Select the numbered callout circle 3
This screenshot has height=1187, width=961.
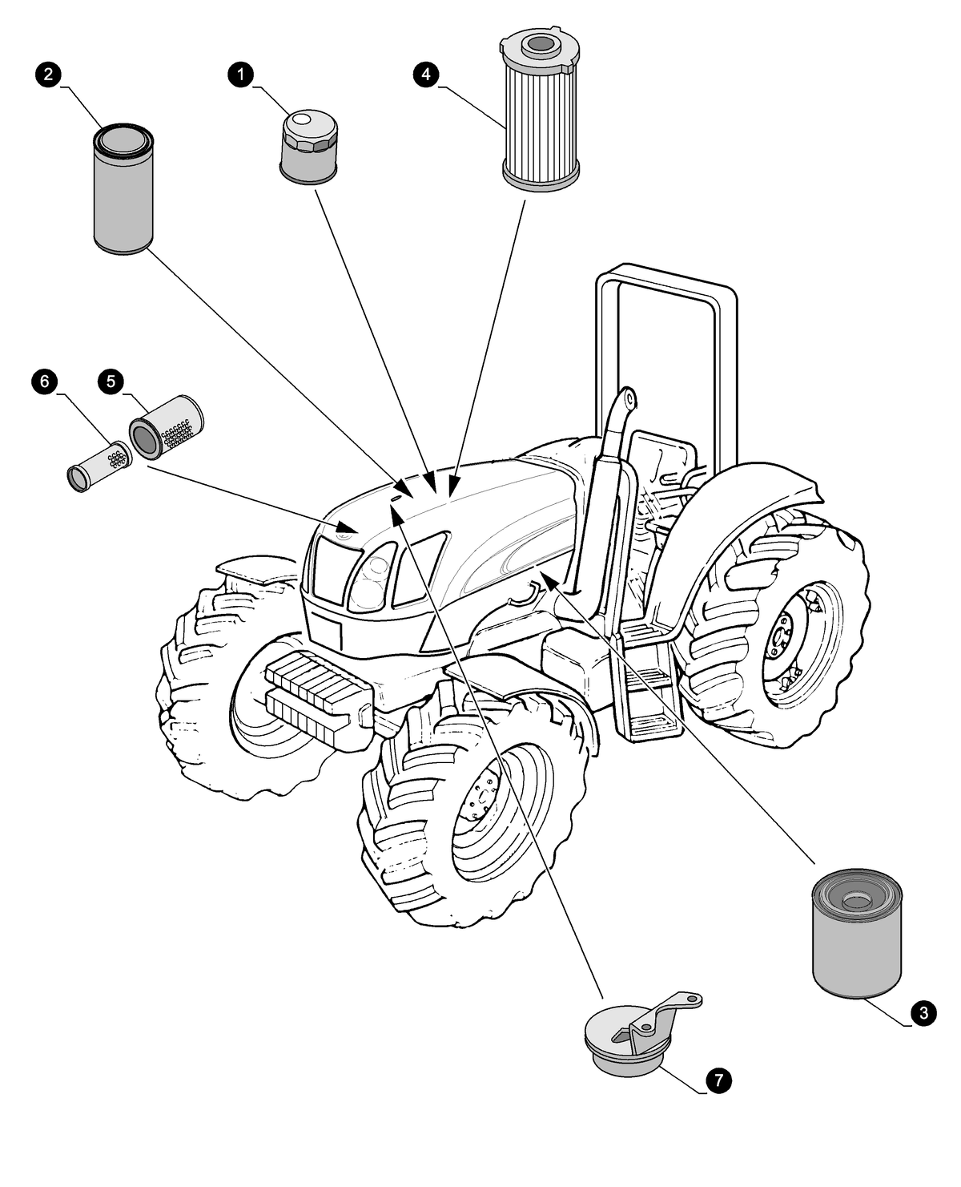pos(923,1013)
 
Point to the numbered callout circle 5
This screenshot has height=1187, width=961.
pos(111,382)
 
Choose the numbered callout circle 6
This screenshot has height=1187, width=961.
pos(45,382)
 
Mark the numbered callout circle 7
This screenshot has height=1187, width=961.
pos(718,1080)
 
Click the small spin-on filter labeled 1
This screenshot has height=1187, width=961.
pos(309,149)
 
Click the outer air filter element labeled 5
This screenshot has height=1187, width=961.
pos(167,428)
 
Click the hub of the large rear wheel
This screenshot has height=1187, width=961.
pos(785,641)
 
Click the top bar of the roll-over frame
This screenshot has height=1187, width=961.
pos(665,277)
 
